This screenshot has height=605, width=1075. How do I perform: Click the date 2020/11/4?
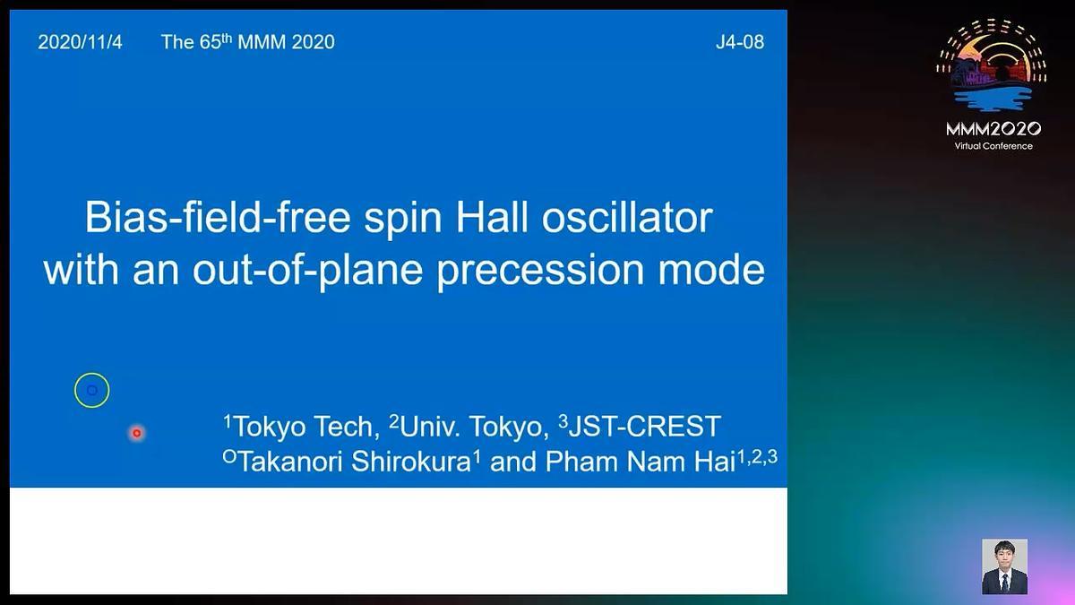point(80,42)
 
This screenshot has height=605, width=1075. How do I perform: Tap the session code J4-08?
point(740,42)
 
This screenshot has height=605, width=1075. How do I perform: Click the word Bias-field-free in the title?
point(218,218)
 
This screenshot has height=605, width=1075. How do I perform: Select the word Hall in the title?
point(492,218)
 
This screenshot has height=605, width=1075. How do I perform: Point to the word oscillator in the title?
point(627,218)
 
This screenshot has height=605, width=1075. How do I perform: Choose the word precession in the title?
point(540,272)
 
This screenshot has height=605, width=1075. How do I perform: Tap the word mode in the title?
point(711,271)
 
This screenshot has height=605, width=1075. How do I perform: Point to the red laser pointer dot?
point(137,433)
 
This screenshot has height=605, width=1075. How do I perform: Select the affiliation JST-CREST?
point(640,426)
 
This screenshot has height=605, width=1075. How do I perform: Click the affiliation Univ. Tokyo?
point(469,426)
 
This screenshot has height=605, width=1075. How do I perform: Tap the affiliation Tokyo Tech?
point(301,426)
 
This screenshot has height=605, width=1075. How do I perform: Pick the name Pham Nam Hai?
point(641,462)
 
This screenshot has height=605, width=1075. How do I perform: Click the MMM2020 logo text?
point(993,129)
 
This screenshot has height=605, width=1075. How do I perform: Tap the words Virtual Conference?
point(993,146)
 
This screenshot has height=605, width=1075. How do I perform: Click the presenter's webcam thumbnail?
point(1004,566)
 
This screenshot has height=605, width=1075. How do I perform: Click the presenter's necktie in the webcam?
point(1004,583)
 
